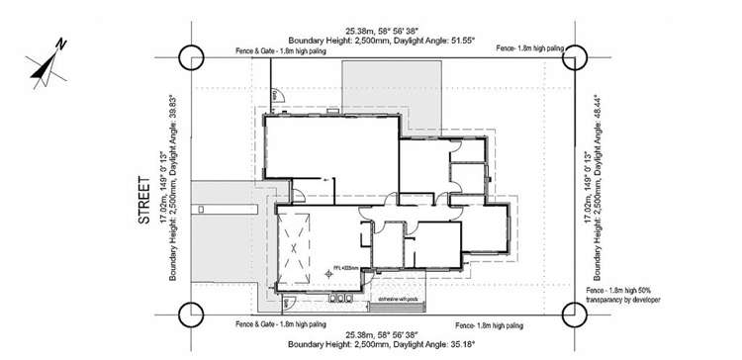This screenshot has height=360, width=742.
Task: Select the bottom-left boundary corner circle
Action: [190, 315]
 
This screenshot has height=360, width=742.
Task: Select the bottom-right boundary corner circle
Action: [573, 315]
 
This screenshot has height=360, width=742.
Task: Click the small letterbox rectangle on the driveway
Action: [201, 209]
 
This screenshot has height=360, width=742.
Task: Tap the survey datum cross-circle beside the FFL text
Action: [330, 273]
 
